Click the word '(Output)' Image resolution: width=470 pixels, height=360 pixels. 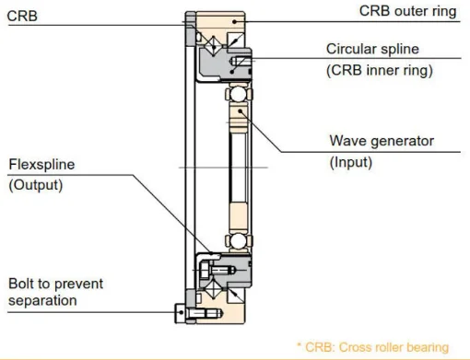point(34,185)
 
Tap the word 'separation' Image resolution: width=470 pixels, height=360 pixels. point(42,300)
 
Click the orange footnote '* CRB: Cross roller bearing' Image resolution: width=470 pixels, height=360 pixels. point(373,347)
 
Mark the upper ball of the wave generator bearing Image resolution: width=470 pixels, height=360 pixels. point(237,95)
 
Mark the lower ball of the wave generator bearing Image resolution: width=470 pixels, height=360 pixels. point(237,240)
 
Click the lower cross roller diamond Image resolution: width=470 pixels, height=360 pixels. point(207,292)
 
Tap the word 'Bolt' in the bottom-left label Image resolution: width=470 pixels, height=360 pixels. point(21,284)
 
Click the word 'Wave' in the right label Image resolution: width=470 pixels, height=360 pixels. point(349,142)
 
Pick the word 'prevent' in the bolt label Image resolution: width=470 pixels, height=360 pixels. point(79,284)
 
